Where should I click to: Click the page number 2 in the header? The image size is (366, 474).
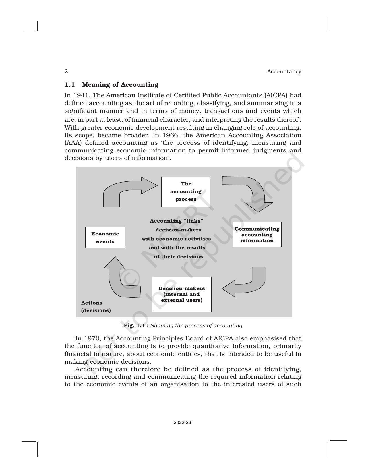(x=66, y=71)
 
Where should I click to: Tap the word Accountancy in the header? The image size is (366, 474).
(x=284, y=71)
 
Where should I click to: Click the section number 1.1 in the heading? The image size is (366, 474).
(x=70, y=85)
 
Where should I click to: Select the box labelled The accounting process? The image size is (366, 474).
(x=186, y=191)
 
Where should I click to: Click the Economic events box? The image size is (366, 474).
(x=105, y=237)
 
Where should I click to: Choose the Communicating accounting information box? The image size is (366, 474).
(x=257, y=235)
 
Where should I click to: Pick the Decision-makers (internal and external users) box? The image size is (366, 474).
(x=181, y=294)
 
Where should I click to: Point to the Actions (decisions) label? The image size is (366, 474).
(x=96, y=307)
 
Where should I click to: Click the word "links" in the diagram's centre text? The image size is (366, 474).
(x=193, y=221)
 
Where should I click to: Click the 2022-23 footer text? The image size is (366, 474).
(x=182, y=423)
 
